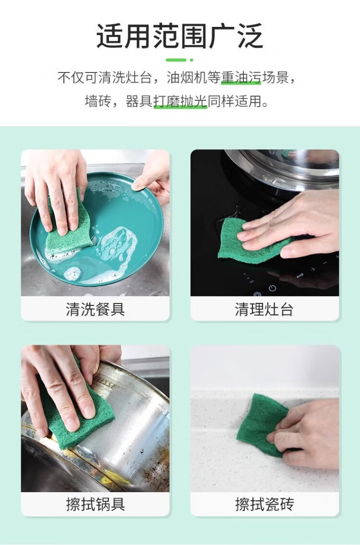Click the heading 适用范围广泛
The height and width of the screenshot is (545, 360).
[180, 36]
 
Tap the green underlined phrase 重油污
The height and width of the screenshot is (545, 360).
[241, 77]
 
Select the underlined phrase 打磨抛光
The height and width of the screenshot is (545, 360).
[180, 101]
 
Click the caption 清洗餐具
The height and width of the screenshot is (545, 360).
[95, 309]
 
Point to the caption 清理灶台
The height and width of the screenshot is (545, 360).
[264, 309]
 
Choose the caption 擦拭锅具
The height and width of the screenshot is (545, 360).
[95, 504]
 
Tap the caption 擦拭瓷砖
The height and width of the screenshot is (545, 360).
[264, 504]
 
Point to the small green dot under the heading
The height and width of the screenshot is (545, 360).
[191, 60]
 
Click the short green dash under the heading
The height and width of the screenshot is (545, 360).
[176, 60]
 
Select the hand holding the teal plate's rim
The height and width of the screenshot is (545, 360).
[153, 177]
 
